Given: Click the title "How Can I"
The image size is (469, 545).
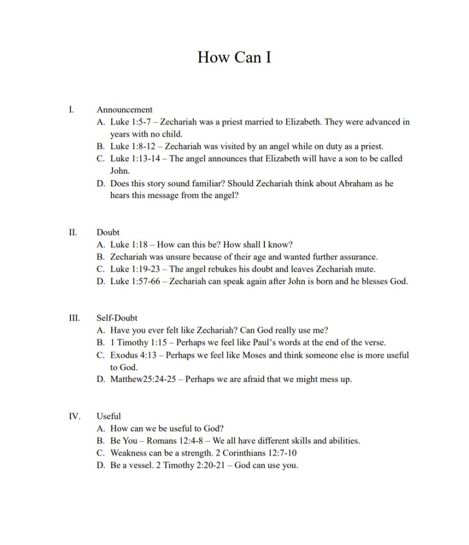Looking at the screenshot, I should [234, 56].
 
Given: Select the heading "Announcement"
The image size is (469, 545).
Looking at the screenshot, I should [124, 110].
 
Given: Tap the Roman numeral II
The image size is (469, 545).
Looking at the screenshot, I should [73, 232].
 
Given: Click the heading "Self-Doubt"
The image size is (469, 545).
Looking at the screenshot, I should [117, 318].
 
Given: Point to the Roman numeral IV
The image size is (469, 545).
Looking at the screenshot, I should [74, 416].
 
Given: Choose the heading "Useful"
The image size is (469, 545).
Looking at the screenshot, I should [109, 416].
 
